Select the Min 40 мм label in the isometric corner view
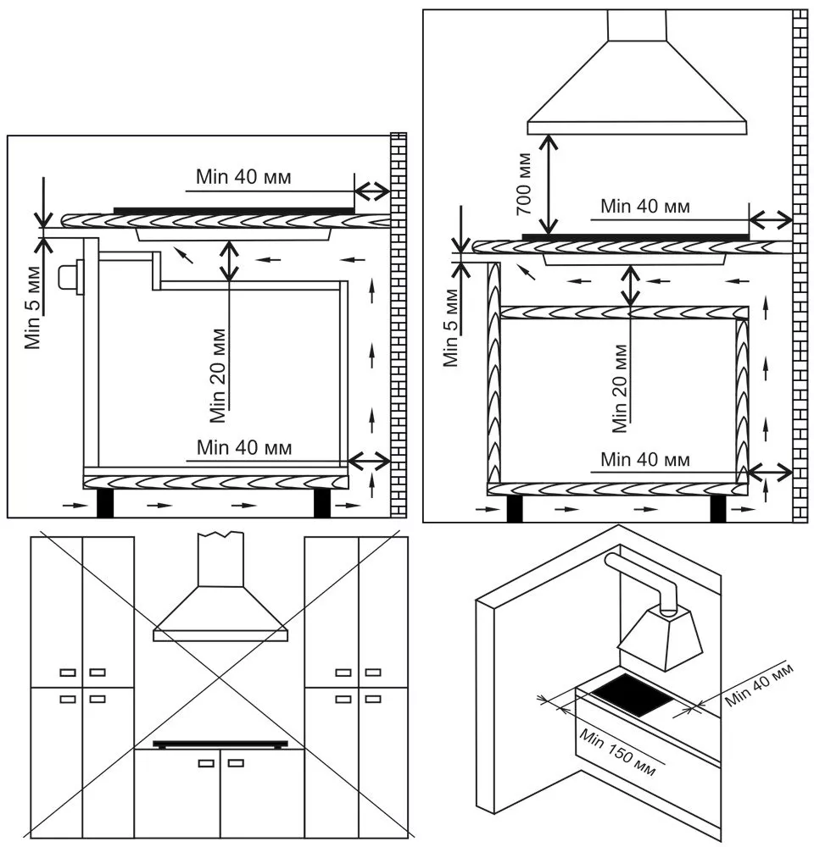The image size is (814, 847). coord(759,685)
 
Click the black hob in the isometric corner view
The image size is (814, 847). coord(631,696)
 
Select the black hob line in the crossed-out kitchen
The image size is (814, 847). coord(220,744)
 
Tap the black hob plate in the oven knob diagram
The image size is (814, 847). coord(233,209)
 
